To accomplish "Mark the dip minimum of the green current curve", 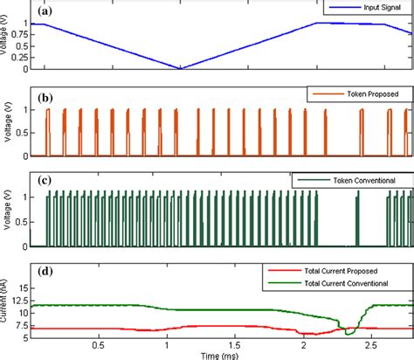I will [x=348, y=334].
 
